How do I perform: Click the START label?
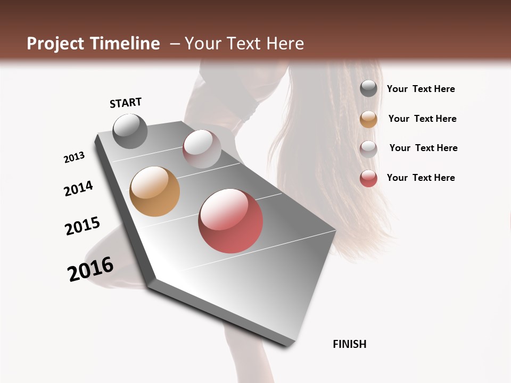tap(126, 102)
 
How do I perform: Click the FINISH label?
tap(350, 344)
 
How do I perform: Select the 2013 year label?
tap(74, 157)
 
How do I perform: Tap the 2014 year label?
tap(78, 188)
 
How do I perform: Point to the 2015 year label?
tap(83, 226)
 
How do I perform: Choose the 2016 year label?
tap(90, 269)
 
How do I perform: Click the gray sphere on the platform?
tap(130, 131)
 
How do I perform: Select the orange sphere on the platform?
tap(154, 191)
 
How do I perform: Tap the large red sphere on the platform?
tap(230, 221)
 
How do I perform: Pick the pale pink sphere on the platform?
tap(202, 149)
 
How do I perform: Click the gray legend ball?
tap(368, 89)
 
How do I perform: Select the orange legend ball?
tap(368, 119)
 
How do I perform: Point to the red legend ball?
tap(368, 178)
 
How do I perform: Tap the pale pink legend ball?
tap(368, 149)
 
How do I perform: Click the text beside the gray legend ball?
tap(421, 89)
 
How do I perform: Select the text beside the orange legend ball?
tap(422, 119)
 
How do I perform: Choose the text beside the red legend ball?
tap(421, 178)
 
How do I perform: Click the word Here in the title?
tap(285, 44)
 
